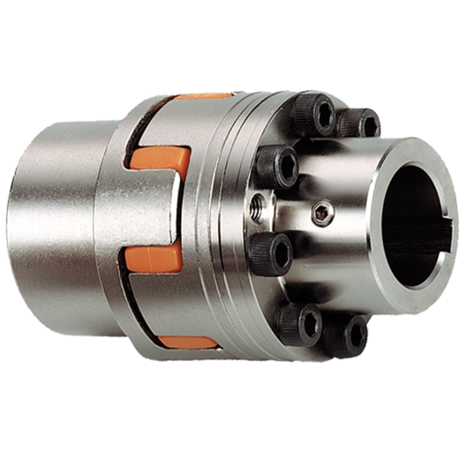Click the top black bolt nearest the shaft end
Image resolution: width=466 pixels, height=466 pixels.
359,122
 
